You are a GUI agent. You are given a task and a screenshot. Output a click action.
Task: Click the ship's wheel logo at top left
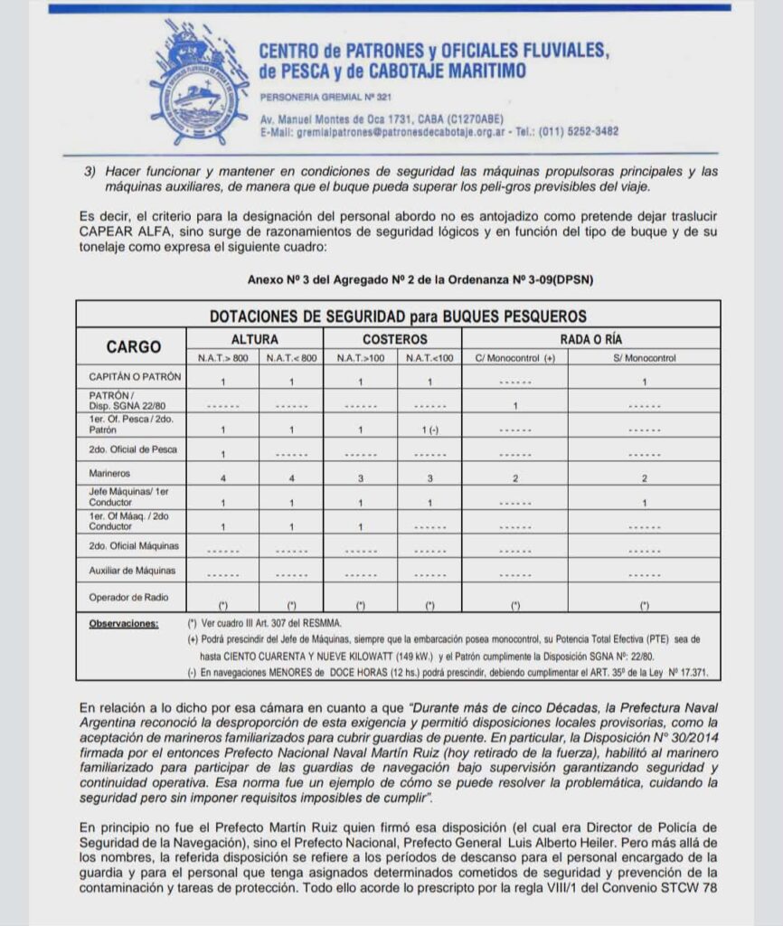199,82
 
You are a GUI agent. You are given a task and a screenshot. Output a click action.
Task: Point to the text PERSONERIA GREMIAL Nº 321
325,97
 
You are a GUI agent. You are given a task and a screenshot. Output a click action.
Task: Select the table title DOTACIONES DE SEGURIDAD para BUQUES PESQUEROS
398,317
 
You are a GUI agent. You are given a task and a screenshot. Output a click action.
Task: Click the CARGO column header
133,346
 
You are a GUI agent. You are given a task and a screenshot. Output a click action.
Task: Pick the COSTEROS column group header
394,338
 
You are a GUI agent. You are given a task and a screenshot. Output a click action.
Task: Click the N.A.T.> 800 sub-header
222,358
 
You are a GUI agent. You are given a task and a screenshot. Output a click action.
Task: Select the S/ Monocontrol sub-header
644,358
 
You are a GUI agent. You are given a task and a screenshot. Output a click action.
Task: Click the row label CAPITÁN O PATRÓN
135,376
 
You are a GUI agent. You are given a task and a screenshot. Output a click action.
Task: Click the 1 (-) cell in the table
429,430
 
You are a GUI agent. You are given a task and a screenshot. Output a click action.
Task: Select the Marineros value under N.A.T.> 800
222,477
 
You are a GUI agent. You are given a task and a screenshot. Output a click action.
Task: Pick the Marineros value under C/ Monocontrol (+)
514,477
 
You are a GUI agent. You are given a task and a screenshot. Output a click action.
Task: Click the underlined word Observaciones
124,623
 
